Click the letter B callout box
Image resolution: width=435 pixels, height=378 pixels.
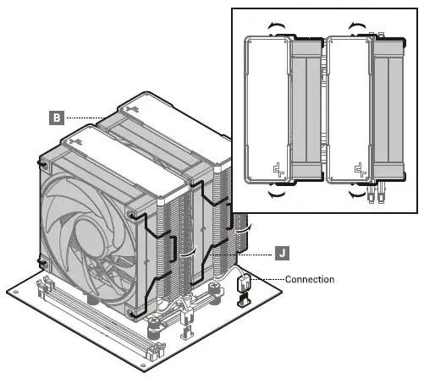pos(56,117)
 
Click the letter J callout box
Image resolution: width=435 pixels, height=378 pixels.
pos(284,252)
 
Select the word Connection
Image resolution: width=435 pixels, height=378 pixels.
pos(310,279)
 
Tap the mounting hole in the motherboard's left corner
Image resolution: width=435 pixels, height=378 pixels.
pos(19,293)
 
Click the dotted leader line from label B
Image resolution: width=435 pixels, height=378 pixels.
pos(85,117)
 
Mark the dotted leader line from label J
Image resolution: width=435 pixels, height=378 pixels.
pos(250,252)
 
